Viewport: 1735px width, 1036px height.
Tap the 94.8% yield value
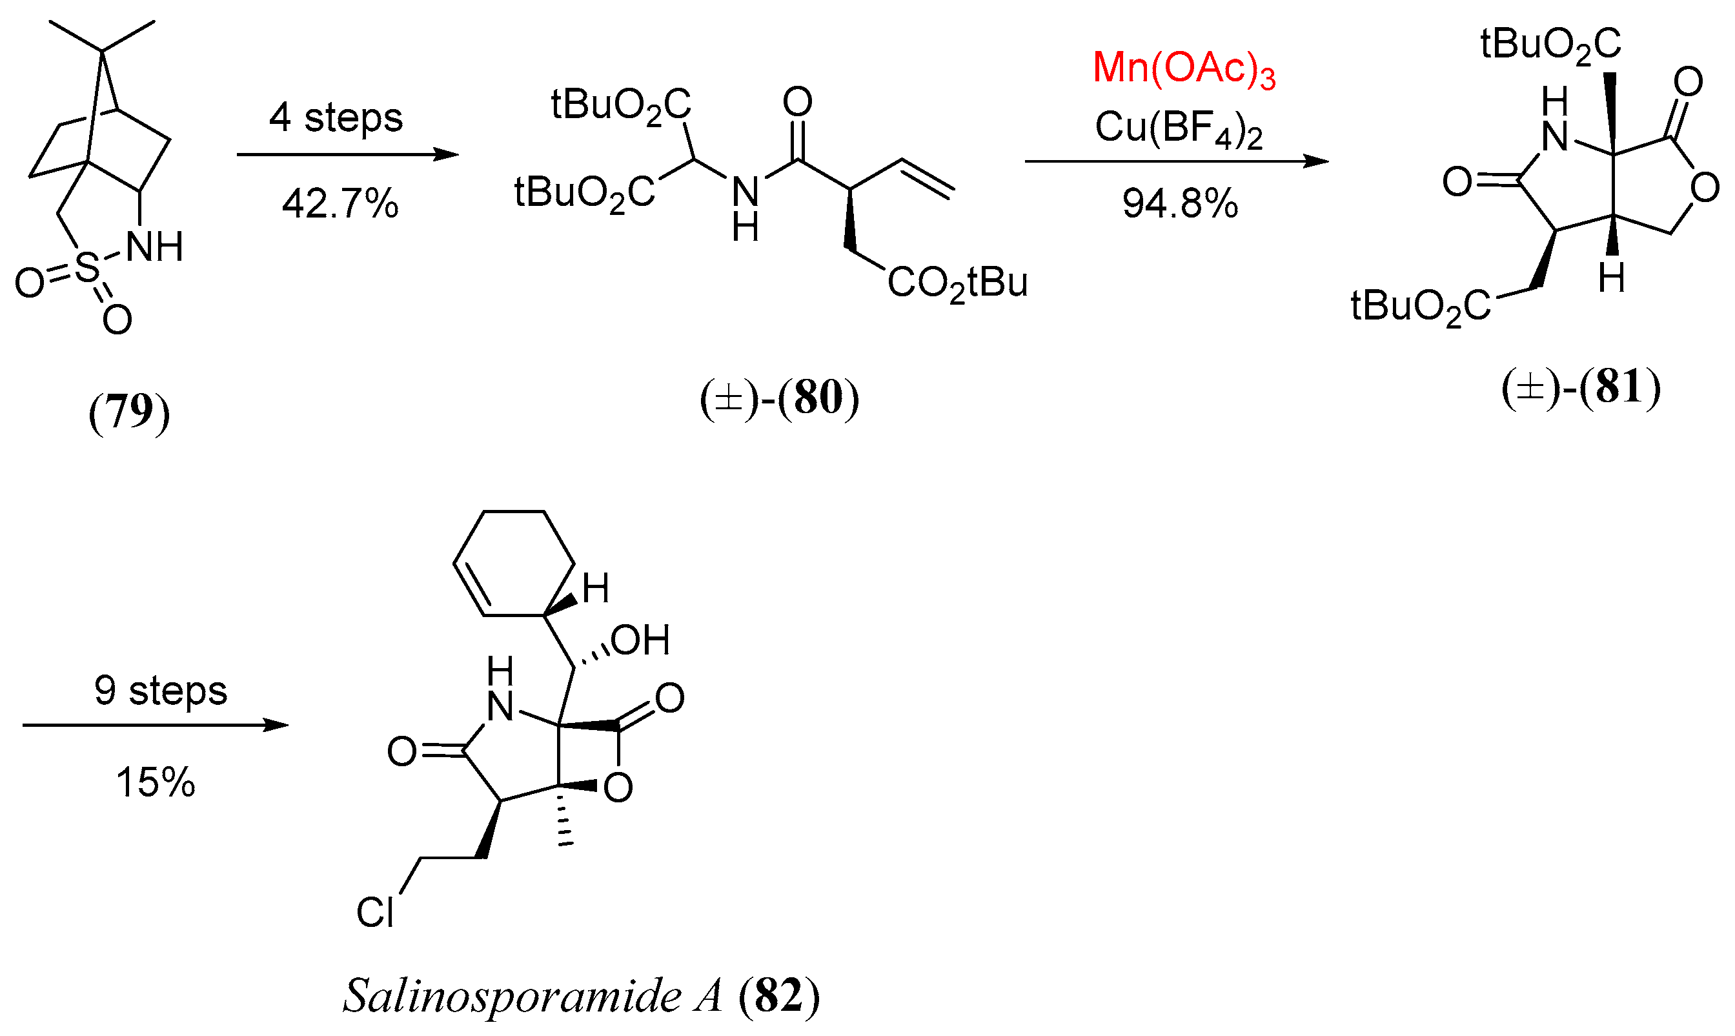coord(1180,204)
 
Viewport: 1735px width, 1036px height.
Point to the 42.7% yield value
coord(340,205)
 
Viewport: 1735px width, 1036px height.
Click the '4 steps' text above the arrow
coord(336,117)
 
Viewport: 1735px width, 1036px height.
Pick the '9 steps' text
coord(161,691)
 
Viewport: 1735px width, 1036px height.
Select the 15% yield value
coord(155,782)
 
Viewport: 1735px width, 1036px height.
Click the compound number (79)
coord(129,412)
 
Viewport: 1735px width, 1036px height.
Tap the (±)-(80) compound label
coord(779,398)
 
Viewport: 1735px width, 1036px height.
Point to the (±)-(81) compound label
coord(1581,387)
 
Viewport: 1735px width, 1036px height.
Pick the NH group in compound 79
coord(155,247)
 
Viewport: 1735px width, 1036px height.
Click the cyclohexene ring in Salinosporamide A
coord(514,564)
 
